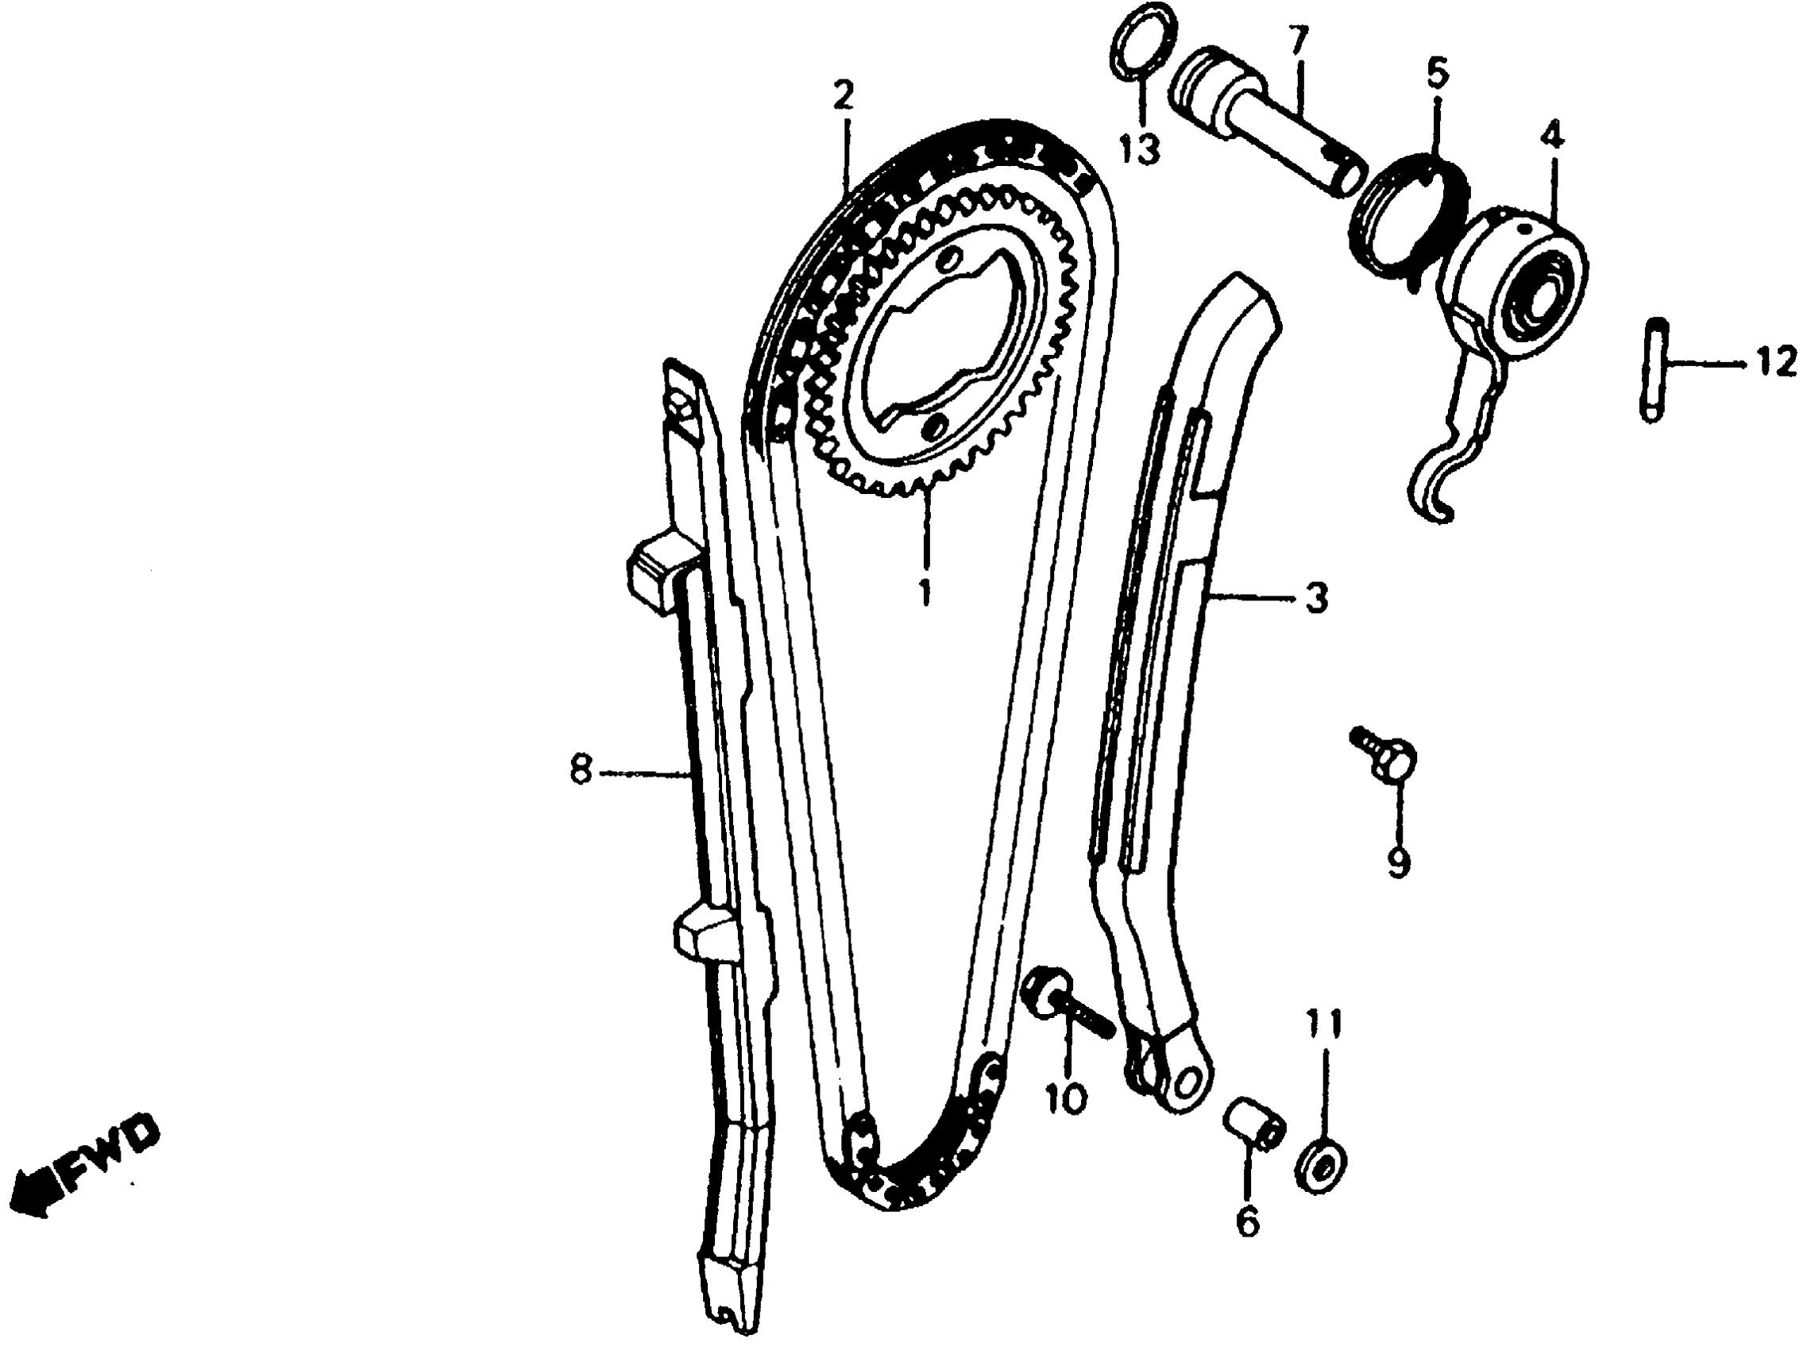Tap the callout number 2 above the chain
(843, 96)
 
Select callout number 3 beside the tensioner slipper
(1315, 599)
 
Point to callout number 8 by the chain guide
(581, 769)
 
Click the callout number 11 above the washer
(1323, 1021)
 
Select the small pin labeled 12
(1653, 369)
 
